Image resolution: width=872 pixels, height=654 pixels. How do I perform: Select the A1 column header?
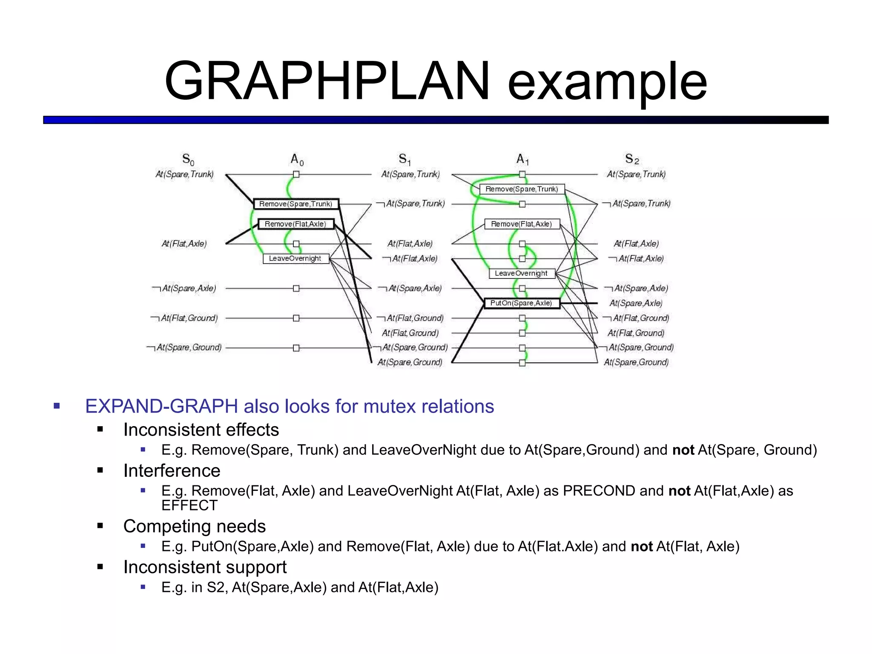point(522,160)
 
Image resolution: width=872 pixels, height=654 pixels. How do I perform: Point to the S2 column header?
point(632,160)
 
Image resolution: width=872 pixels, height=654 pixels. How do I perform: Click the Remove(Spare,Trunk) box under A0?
point(296,204)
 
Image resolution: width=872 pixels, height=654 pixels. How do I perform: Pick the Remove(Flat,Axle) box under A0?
point(295,224)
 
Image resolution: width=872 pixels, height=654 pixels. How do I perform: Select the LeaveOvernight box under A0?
point(295,258)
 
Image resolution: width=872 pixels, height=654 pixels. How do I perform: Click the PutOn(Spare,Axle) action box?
point(522,303)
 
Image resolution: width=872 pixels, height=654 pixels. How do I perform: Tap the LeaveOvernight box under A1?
point(522,273)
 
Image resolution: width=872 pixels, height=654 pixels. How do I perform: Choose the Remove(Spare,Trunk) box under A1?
point(522,189)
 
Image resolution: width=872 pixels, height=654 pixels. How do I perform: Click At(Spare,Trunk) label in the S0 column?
point(184,174)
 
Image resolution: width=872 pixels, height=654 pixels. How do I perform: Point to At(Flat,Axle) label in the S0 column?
point(184,244)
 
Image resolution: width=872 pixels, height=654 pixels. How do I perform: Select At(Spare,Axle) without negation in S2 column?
point(636,303)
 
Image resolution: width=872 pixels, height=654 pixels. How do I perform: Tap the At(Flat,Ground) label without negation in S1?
point(410,333)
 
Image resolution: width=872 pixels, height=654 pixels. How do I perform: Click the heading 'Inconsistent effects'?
point(201,430)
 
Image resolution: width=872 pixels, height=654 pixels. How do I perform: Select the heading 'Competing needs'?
point(194,526)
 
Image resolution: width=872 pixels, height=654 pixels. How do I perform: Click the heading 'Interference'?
point(172,470)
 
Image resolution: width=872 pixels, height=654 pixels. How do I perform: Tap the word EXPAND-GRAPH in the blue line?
point(161,406)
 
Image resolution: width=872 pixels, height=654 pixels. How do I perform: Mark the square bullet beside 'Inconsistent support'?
point(100,567)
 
